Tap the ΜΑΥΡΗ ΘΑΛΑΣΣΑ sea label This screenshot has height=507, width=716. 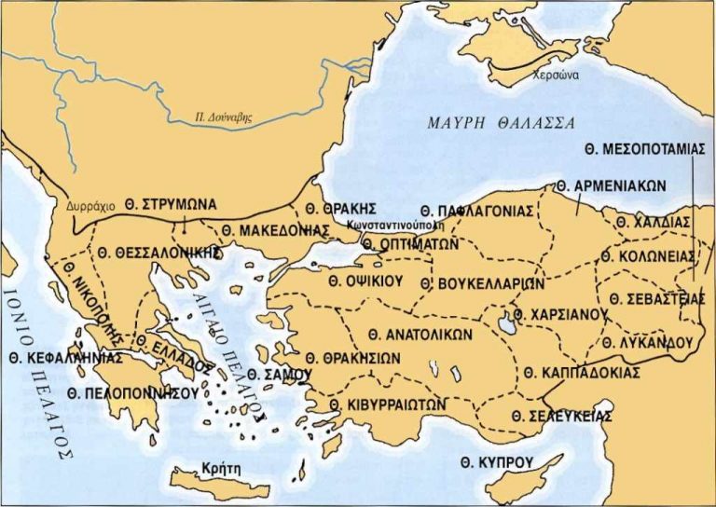point(501,123)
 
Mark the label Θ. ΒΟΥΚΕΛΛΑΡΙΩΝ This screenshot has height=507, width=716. point(482,281)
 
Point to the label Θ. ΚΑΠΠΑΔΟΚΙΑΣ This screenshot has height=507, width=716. point(581,372)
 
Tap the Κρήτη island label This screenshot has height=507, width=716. point(222,470)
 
